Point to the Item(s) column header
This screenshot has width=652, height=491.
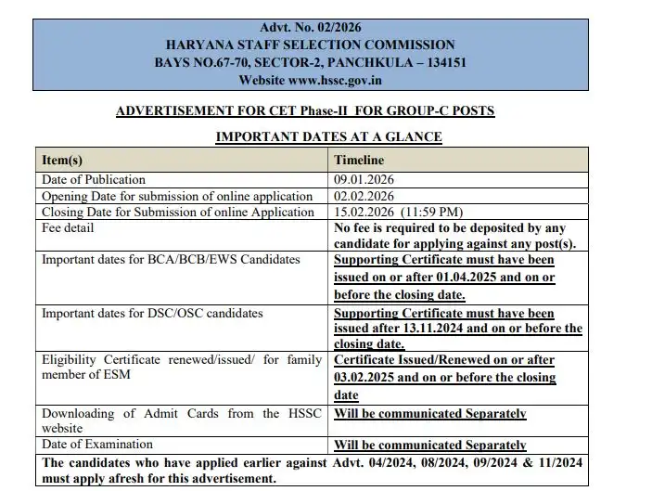click(61, 161)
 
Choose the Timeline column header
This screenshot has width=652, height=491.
click(359, 161)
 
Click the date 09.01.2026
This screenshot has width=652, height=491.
click(364, 179)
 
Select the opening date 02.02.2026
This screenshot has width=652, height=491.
click(364, 196)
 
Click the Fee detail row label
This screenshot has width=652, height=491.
click(68, 228)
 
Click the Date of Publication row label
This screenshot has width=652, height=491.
click(94, 179)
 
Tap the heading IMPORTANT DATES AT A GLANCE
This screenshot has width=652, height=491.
click(328, 137)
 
